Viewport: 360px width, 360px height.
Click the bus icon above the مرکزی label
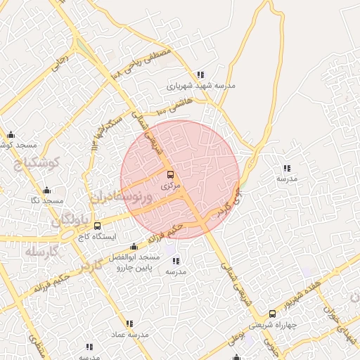click(170, 174)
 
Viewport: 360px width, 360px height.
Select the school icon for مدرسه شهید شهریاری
click(200, 75)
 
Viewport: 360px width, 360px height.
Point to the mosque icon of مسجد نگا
click(47, 190)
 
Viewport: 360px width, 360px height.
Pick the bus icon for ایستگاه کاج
click(97, 226)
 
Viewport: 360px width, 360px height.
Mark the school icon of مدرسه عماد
click(129, 323)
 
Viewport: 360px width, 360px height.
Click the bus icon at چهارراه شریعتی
click(273, 314)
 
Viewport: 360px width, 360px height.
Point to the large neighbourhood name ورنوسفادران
click(122, 195)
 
